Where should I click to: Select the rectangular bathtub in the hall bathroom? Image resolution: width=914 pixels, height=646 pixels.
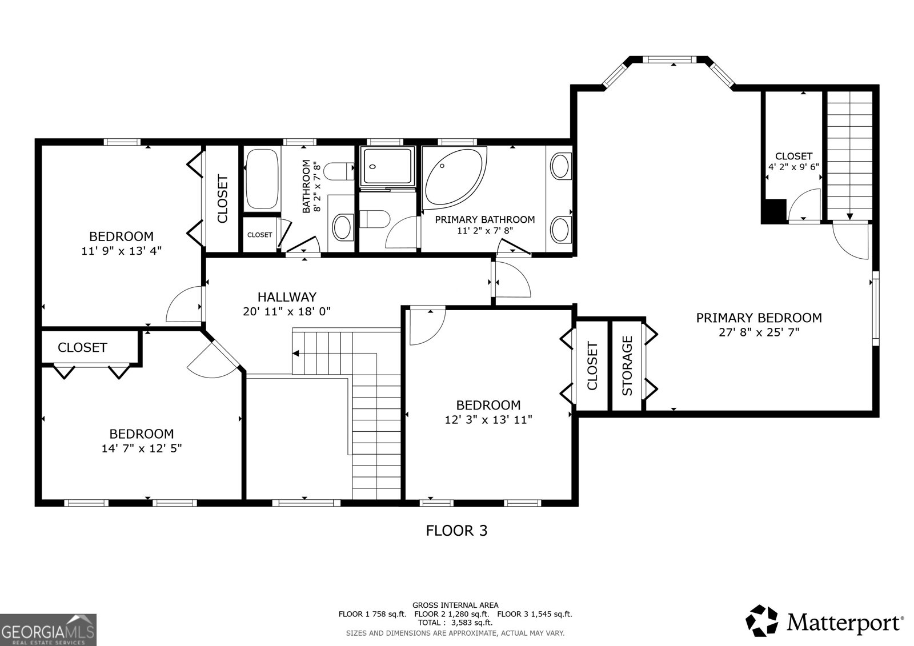point(262,178)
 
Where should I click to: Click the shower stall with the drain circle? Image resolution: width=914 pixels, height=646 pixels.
point(386,166)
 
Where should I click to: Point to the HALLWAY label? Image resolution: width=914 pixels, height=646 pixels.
point(287,297)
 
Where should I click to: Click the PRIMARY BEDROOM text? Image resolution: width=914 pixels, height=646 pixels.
point(759,318)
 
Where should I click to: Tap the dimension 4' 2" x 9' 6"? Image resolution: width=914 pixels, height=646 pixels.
point(793,167)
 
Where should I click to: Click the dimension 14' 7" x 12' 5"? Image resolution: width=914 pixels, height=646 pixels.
point(142,448)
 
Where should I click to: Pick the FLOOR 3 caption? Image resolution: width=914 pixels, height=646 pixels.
point(456,531)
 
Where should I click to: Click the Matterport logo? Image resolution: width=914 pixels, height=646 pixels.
point(825,621)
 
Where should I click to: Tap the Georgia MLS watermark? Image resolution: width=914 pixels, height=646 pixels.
point(48,630)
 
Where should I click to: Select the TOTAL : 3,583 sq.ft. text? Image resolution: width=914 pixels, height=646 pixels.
point(455,623)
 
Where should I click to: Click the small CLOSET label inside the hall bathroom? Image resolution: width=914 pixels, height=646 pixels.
point(259,235)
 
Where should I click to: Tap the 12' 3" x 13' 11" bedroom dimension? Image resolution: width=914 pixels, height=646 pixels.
point(488,420)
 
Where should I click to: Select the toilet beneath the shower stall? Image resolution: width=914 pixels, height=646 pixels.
point(376,219)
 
